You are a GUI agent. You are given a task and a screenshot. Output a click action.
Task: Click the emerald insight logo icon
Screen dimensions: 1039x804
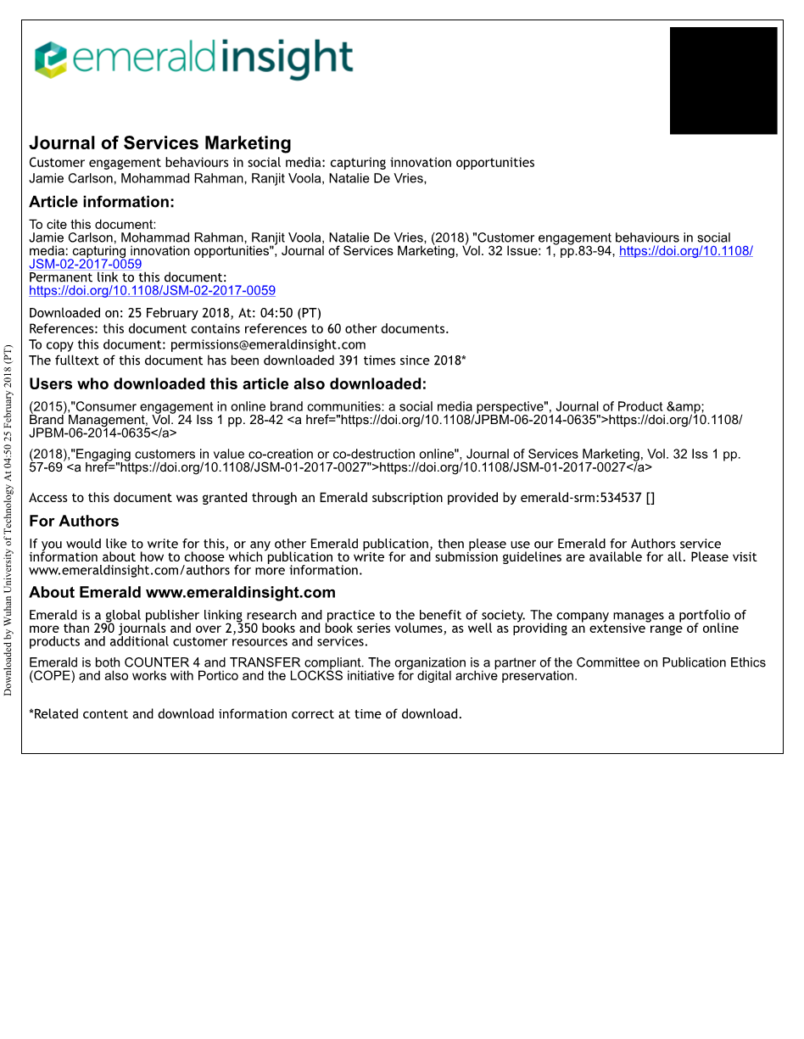click(50, 59)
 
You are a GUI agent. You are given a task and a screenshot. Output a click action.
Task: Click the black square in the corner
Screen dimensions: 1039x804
click(723, 81)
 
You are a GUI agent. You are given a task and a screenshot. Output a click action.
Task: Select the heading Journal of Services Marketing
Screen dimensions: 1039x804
click(160, 143)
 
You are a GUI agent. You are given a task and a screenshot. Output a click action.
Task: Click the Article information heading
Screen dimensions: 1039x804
click(102, 202)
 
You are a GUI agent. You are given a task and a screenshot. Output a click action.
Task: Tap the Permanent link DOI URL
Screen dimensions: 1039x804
click(153, 290)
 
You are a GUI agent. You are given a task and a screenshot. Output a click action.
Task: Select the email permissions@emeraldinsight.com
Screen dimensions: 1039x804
click(268, 344)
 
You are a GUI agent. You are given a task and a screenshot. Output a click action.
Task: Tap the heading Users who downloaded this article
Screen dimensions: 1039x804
click(227, 384)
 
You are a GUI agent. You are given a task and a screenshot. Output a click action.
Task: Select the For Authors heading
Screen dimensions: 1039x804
click(74, 522)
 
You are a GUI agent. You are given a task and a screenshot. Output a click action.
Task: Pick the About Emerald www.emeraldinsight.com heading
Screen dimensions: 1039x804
click(182, 593)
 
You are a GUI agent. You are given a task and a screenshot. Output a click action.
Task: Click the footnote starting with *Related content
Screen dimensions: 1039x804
click(246, 714)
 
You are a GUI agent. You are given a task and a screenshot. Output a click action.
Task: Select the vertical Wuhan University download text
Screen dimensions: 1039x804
click(8, 520)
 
